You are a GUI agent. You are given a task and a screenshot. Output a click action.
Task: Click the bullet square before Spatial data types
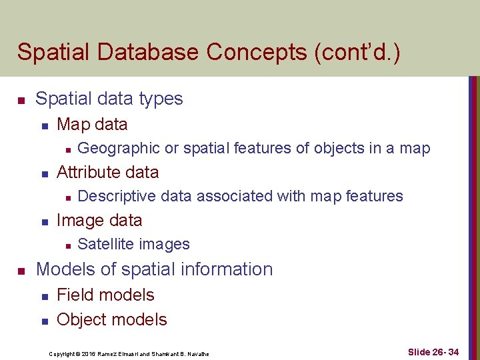coord(21,101)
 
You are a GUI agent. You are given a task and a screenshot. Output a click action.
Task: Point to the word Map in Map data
coord(72,124)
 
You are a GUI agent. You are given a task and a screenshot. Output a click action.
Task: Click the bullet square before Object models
coord(43,321)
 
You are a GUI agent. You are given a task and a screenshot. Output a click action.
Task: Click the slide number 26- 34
coord(442,351)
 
